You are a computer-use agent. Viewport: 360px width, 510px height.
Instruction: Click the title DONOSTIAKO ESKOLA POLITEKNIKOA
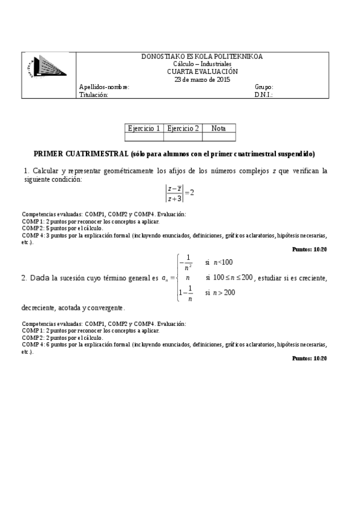[x=201, y=57]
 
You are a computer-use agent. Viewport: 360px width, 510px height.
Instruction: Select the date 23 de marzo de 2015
[x=202, y=79]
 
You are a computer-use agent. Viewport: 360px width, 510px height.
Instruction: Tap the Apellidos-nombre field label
[x=104, y=87]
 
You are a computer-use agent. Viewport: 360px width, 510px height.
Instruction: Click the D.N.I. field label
[x=263, y=94]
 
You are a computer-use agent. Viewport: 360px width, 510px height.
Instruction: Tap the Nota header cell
[x=219, y=128]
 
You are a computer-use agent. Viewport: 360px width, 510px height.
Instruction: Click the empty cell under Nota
[x=219, y=137]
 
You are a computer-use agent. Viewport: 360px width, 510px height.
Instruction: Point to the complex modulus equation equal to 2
[x=180, y=192]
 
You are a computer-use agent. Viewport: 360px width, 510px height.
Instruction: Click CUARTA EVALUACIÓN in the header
[x=202, y=71]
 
